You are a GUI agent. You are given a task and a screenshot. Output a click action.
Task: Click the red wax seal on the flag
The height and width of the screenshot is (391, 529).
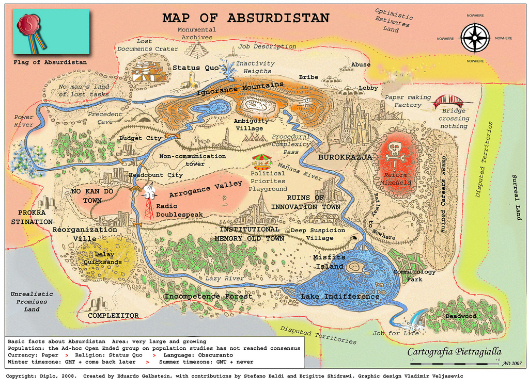click(28, 25)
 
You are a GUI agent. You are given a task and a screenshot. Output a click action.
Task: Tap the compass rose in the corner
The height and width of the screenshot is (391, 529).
click(475, 38)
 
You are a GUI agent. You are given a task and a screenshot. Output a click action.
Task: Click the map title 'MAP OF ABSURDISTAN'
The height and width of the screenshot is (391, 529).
click(245, 18)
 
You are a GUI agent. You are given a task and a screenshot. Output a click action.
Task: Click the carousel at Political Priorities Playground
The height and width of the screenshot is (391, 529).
click(261, 161)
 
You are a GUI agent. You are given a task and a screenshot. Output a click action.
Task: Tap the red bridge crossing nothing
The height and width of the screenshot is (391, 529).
click(448, 102)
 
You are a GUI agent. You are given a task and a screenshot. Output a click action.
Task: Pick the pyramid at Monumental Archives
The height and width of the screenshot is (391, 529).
click(196, 50)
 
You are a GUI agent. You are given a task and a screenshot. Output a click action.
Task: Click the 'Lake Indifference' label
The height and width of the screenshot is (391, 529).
click(340, 297)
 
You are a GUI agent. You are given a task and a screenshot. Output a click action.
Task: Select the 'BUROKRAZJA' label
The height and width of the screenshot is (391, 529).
click(345, 157)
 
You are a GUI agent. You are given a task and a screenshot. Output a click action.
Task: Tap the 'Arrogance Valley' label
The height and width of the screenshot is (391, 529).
click(206, 189)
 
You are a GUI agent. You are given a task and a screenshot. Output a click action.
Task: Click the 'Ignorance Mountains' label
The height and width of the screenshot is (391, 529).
click(240, 89)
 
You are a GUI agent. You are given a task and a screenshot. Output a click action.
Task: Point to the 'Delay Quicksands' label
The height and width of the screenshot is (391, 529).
click(105, 258)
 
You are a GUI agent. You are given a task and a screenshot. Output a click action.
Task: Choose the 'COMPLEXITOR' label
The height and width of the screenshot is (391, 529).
click(113, 315)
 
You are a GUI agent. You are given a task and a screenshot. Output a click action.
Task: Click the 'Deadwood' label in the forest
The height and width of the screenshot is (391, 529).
click(461, 316)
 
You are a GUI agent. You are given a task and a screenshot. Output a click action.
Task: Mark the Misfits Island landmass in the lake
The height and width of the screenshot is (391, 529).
click(354, 267)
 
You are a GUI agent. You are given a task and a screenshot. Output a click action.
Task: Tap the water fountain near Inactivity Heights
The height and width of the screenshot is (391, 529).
click(227, 70)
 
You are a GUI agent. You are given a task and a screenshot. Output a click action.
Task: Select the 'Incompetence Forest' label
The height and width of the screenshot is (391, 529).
click(208, 297)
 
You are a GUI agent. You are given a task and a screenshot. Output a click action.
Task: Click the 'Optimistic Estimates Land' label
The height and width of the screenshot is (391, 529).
click(393, 21)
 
